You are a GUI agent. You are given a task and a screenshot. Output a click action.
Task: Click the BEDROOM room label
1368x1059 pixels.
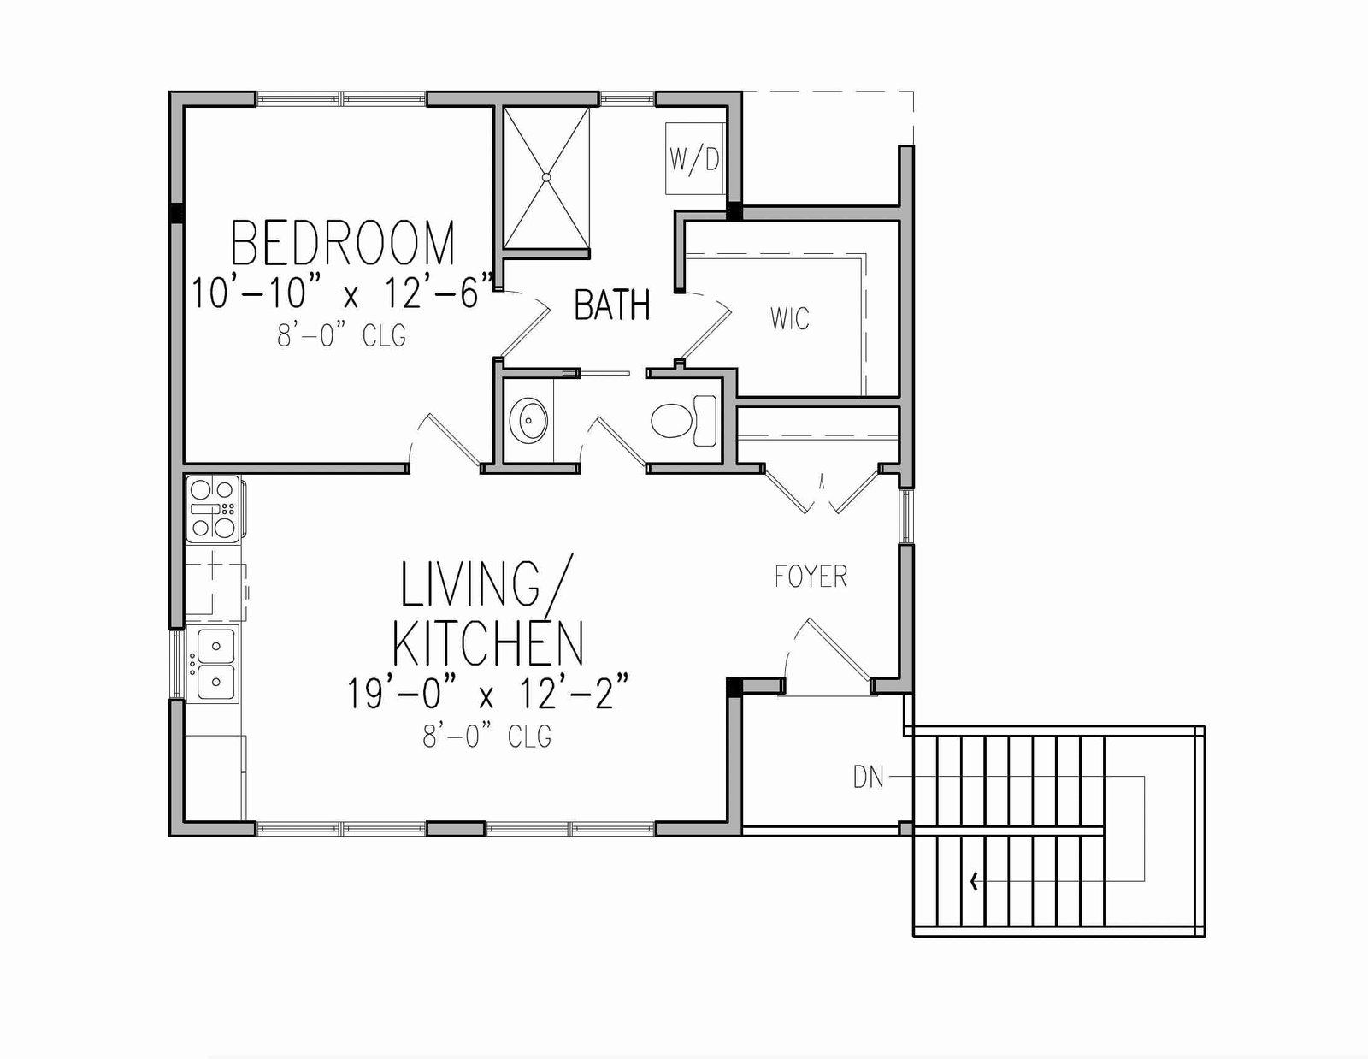tap(343, 243)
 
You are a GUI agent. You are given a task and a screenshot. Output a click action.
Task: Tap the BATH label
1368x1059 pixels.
tap(612, 305)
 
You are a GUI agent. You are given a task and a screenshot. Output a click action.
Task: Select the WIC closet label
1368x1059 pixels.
tap(789, 318)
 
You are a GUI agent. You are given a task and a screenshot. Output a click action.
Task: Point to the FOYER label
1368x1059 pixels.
tap(811, 577)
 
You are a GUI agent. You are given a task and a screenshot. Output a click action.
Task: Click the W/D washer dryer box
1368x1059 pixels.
tap(695, 158)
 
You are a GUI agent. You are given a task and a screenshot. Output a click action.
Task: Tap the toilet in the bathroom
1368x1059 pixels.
tap(684, 421)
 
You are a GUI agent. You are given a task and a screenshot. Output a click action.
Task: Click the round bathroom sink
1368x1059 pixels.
tap(528, 420)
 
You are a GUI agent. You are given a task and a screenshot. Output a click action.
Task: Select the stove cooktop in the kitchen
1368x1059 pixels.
tap(213, 509)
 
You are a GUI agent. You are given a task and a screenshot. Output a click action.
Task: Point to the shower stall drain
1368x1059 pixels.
tap(546, 178)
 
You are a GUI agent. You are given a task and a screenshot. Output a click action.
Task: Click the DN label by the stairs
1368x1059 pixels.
tap(868, 778)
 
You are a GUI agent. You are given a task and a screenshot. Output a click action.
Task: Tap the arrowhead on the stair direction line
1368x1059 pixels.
tap(976, 881)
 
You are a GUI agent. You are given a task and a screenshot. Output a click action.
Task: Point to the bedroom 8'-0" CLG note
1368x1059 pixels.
tap(342, 335)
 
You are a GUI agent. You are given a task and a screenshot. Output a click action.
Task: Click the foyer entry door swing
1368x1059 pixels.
tap(828, 654)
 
